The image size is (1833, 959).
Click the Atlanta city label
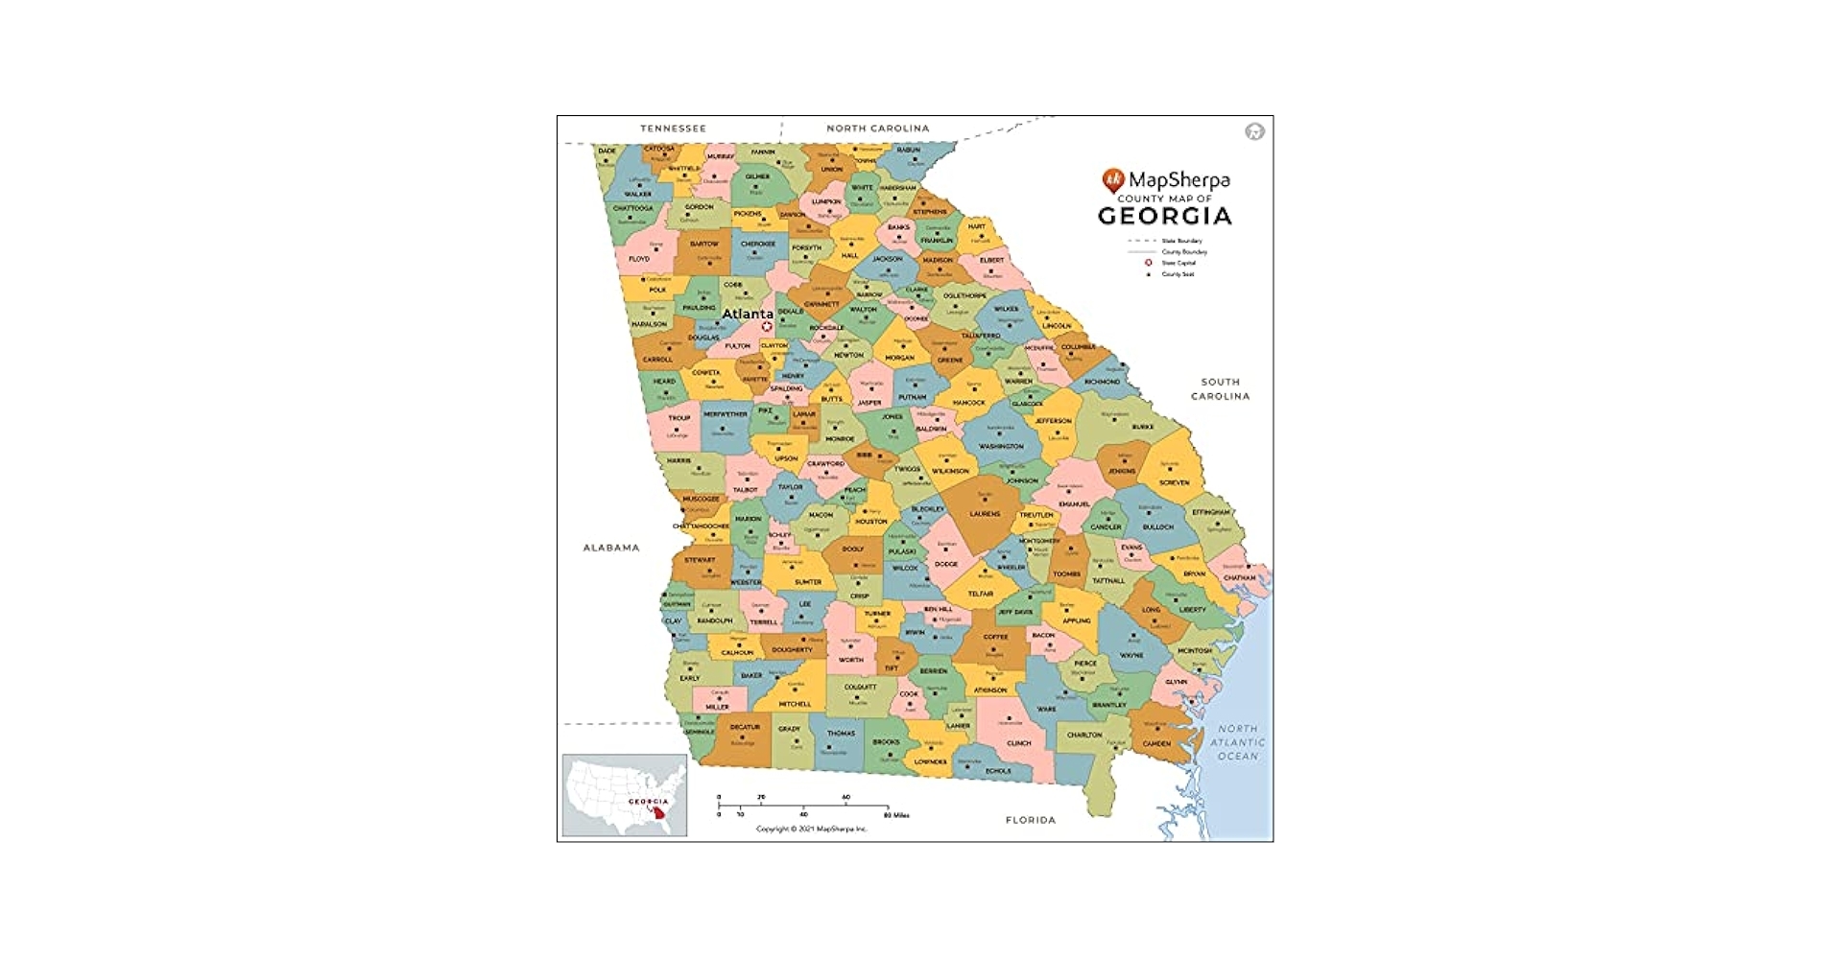pos(748,314)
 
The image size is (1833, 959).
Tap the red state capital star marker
pos(767,327)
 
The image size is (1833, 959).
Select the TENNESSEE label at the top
pos(673,129)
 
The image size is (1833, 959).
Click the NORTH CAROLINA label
pos(877,129)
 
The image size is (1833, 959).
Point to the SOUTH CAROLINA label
pos(1220,388)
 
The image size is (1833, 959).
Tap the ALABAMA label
pos(611,548)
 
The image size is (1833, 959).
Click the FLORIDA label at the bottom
pos(1030,820)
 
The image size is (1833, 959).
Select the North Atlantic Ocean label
pos(1237,742)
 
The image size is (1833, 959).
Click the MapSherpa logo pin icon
pos(1112,179)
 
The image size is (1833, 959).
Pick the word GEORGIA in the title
pos(1164,216)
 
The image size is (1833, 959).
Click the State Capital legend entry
pos(1178,263)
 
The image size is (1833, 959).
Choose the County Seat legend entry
pos(1178,274)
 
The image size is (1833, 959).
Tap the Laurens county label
pos(985,514)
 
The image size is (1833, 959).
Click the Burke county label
pos(1143,427)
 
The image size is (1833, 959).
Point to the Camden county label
pos(1156,743)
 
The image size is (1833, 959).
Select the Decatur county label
pos(745,728)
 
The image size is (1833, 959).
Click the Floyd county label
pos(639,259)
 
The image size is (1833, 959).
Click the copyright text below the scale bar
pos(811,829)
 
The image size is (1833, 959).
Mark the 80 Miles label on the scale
pos(896,815)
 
